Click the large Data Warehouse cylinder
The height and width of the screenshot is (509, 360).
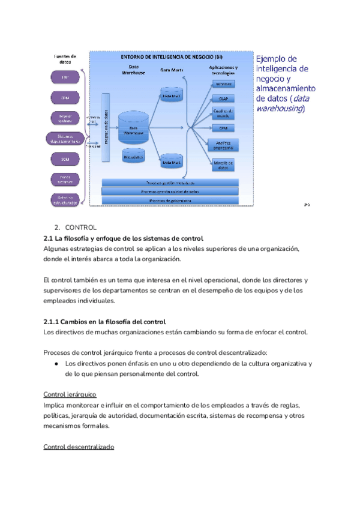tap(134, 127)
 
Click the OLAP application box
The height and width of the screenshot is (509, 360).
tap(223, 98)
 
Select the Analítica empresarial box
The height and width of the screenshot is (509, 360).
tap(223, 145)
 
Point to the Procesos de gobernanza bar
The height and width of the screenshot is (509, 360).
tap(170, 200)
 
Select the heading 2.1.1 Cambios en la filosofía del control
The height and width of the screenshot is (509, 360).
tap(105, 322)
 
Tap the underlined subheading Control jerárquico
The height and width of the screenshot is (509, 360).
tap(71, 394)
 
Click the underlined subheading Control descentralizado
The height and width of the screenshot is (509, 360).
tap(79, 447)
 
